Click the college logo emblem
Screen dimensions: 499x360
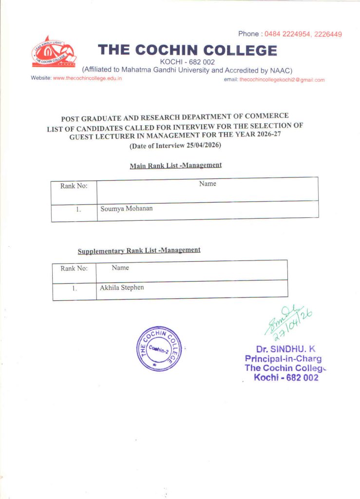(53, 52)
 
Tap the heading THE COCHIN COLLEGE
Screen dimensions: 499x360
(188, 50)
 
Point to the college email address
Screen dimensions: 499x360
(282, 79)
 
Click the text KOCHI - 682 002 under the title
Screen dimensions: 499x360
(187, 61)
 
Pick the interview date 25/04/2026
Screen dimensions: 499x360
(204, 146)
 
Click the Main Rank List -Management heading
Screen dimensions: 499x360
(175, 165)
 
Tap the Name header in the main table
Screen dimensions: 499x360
(208, 184)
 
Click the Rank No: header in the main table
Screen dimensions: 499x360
(74, 186)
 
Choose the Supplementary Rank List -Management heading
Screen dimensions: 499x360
(139, 250)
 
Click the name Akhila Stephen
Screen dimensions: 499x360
(122, 288)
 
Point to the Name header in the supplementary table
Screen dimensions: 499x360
(120, 268)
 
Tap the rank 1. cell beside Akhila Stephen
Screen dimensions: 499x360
(74, 288)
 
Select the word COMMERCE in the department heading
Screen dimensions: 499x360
(267, 116)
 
